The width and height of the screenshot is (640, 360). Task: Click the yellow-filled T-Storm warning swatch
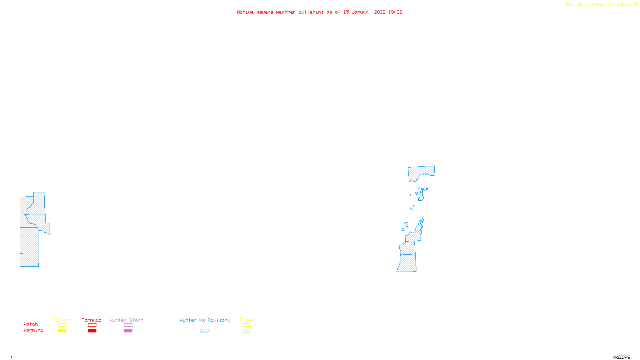(62, 331)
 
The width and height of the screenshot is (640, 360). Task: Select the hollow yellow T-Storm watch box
(62, 325)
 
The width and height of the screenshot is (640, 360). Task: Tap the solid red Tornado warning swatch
(92, 331)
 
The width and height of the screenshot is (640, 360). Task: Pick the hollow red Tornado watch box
(92, 325)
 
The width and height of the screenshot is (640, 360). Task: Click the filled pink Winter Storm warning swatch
(128, 331)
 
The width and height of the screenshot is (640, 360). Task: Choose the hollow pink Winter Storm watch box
(128, 325)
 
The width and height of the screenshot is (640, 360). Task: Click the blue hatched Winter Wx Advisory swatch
(204, 331)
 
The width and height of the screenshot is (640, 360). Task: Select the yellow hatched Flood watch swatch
(247, 325)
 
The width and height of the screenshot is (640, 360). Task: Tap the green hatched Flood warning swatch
(247, 331)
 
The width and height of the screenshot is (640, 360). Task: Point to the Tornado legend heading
(92, 320)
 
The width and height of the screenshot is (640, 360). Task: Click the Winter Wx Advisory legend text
(205, 320)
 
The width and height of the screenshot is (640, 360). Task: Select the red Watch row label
(31, 324)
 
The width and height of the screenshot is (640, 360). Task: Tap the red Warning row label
(33, 330)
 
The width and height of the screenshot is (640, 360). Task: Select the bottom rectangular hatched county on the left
(30, 256)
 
